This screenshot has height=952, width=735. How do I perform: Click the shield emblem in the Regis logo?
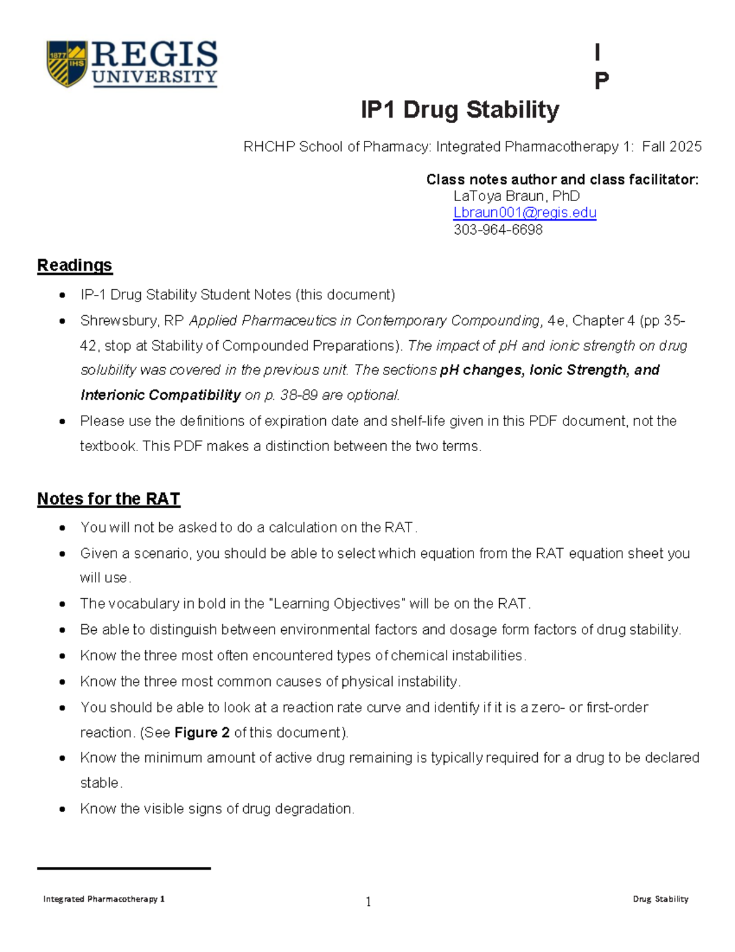tap(67, 63)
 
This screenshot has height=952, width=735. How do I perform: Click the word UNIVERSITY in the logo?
tap(155, 77)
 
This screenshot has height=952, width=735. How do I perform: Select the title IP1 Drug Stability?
tap(459, 110)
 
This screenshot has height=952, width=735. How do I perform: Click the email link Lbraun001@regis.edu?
tap(525, 213)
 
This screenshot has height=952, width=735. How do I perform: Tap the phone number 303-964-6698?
tap(498, 230)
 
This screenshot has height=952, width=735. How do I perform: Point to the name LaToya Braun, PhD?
tap(516, 196)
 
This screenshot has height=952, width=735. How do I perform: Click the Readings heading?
tap(75, 265)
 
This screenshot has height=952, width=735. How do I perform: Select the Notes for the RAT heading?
tap(108, 499)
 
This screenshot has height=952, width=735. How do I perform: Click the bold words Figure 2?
tap(202, 733)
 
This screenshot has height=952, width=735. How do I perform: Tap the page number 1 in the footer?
tap(368, 901)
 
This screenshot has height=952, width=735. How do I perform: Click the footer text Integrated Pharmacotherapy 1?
tap(104, 899)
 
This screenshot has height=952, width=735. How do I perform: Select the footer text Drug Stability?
tap(660, 899)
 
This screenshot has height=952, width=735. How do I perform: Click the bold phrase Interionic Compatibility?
tap(160, 395)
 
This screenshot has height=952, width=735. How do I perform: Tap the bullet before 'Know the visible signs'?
tap(62, 809)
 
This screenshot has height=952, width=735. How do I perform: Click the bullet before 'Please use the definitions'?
tap(62, 422)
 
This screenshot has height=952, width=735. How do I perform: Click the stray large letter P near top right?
tap(601, 80)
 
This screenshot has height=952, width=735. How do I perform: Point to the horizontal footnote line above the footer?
tap(124, 868)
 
